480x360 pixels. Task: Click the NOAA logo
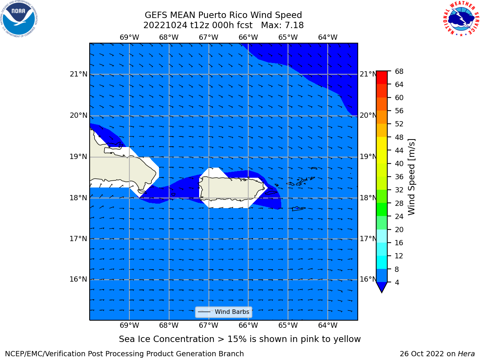(19, 19)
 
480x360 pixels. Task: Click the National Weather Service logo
(461, 18)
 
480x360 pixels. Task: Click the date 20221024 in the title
(165, 25)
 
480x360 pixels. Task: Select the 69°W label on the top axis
(129, 37)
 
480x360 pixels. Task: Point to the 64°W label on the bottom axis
(328, 325)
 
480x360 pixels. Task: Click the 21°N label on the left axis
(78, 74)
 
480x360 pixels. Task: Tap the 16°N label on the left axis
(78, 279)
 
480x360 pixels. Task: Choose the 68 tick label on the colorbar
(399, 72)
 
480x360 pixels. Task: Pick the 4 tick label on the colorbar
(397, 282)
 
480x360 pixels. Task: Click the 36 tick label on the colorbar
(399, 177)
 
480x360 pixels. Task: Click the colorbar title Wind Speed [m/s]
(411, 177)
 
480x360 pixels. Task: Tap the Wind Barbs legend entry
(223, 312)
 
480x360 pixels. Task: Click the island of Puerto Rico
(232, 189)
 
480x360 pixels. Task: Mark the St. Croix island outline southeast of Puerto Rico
(298, 209)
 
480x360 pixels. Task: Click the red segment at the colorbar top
(382, 78)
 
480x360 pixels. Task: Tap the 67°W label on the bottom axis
(208, 325)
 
